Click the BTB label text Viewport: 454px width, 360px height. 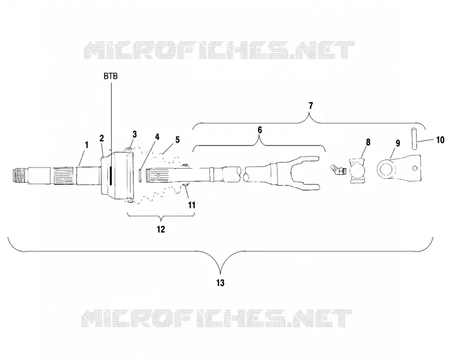(111, 76)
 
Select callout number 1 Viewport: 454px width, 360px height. (86, 145)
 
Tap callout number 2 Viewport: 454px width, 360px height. (102, 138)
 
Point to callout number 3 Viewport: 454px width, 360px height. (134, 135)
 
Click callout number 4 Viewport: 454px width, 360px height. (157, 137)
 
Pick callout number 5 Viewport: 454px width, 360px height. (177, 140)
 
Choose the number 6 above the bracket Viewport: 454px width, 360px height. (260, 130)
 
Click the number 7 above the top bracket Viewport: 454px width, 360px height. (310, 106)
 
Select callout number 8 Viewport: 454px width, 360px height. (368, 142)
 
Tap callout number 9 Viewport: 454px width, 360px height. (398, 143)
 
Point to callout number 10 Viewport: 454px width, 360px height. (440, 140)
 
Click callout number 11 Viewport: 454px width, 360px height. (191, 205)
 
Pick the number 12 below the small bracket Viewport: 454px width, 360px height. (161, 229)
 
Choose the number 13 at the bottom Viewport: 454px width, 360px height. (220, 283)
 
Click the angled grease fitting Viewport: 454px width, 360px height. (338, 170)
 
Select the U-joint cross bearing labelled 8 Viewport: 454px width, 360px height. (358, 171)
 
